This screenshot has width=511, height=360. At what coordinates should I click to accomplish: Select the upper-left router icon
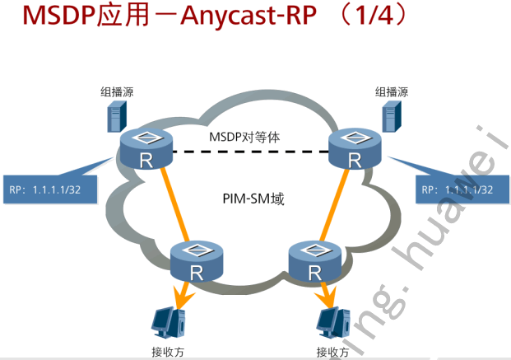pos(146,150)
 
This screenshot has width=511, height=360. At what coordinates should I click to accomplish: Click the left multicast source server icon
pos(118,118)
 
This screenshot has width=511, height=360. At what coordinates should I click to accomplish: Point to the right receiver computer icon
pos(337,322)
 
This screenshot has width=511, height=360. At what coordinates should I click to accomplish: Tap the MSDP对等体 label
pos(244,137)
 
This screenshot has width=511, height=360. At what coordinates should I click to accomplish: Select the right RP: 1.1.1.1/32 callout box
pos(458,189)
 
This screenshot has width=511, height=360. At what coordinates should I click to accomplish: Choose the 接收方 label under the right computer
pos(333,353)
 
